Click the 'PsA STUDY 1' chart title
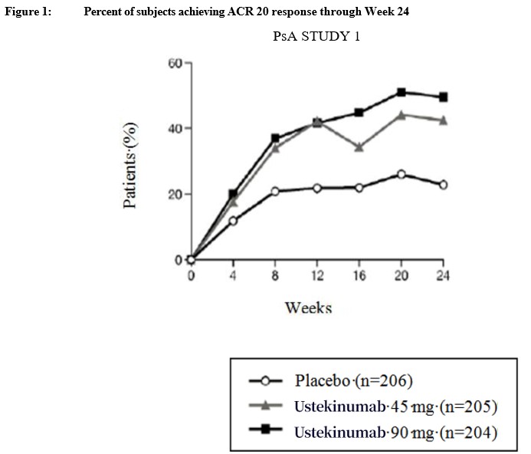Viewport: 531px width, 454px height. pos(316,36)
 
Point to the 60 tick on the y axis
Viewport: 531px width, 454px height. pos(175,63)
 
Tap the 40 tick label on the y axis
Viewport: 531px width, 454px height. pos(175,128)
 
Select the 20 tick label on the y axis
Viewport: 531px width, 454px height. pos(175,194)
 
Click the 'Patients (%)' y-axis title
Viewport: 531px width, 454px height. pos(131,165)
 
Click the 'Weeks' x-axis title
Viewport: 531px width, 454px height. pos(308,308)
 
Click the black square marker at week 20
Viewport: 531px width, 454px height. pos(401,93)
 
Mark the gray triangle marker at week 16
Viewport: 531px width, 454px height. pos(359,147)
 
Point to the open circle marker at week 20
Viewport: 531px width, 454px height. pos(401,175)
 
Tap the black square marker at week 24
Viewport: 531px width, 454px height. pos(443,97)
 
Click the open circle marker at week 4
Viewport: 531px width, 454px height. pos(233,221)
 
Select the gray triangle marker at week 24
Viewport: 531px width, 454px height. pos(443,120)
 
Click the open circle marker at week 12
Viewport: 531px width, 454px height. pos(316,188)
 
